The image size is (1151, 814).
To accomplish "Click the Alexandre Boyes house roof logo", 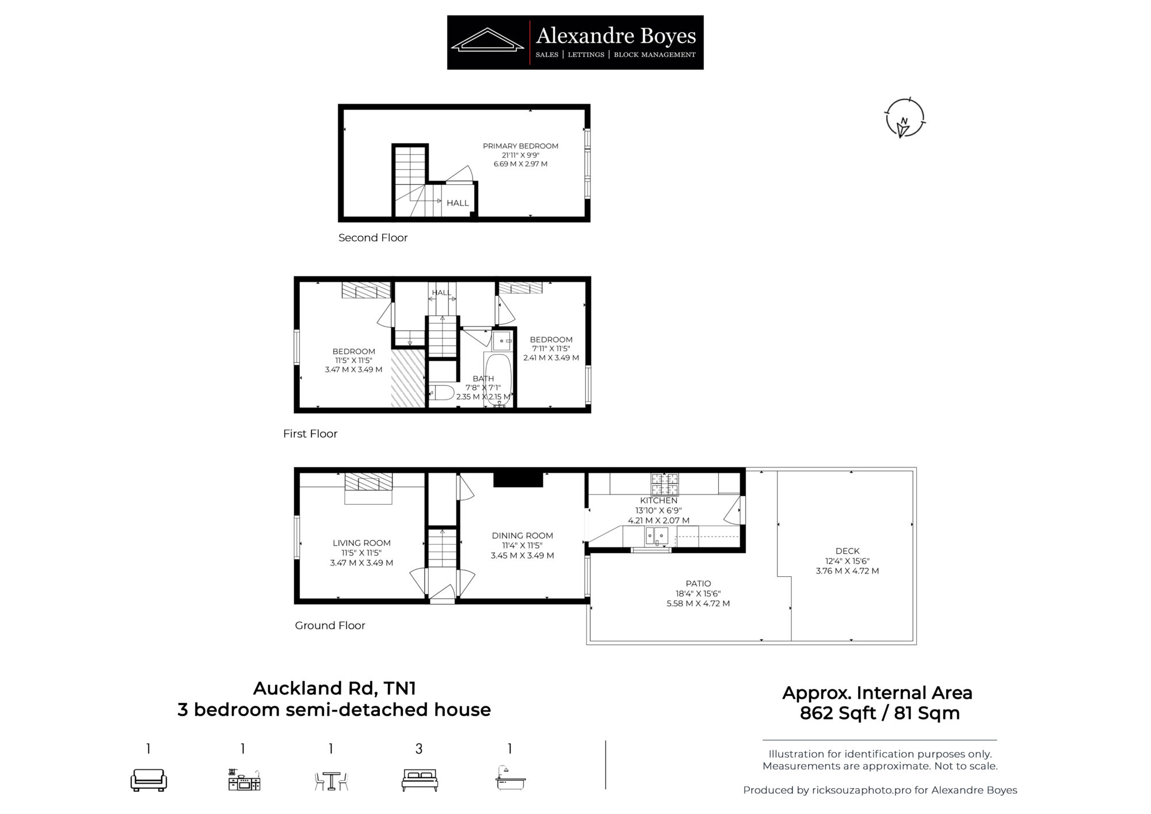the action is pyautogui.click(x=487, y=40).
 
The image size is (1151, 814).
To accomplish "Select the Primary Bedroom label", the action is pyautogui.click(x=520, y=146).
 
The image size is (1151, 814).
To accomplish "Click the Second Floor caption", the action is pyautogui.click(x=373, y=238).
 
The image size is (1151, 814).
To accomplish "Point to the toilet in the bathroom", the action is pyautogui.click(x=441, y=393).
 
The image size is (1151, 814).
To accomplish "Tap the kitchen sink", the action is pyautogui.click(x=657, y=536).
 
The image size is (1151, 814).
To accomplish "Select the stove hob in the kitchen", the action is pyautogui.click(x=664, y=484).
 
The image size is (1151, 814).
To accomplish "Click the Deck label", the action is pyautogui.click(x=847, y=551).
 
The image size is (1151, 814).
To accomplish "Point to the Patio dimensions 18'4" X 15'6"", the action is pyautogui.click(x=698, y=594).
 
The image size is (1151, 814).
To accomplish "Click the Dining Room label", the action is pyautogui.click(x=522, y=536).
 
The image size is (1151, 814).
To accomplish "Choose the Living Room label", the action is pyautogui.click(x=361, y=543).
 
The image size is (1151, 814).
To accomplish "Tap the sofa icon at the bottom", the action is pyautogui.click(x=148, y=780).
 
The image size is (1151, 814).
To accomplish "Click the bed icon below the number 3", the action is pyautogui.click(x=420, y=780).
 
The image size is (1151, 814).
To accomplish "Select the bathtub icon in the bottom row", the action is pyautogui.click(x=510, y=778).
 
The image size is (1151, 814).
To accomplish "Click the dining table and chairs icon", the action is pyautogui.click(x=331, y=781).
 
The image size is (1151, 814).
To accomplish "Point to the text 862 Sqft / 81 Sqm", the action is pyautogui.click(x=879, y=713).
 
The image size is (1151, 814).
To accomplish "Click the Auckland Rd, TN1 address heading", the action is pyautogui.click(x=334, y=689).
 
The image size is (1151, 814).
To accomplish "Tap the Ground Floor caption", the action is pyautogui.click(x=330, y=626).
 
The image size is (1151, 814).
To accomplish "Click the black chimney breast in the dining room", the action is pyautogui.click(x=518, y=480).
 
